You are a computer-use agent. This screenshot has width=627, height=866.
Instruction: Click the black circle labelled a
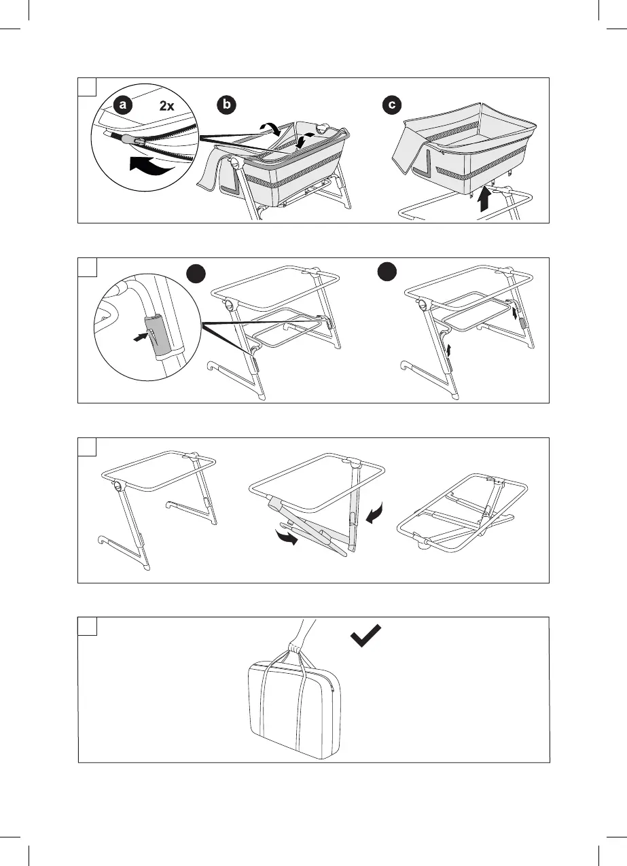pos(123,105)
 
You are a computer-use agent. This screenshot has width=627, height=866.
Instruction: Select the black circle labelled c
pos(393,105)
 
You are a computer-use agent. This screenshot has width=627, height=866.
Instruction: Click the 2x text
pos(167,106)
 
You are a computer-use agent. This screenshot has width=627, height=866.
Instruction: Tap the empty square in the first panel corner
pos(86,86)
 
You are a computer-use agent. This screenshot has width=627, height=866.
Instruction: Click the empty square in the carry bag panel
pos(86,626)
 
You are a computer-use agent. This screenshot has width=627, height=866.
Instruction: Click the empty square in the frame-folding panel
pos(86,446)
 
